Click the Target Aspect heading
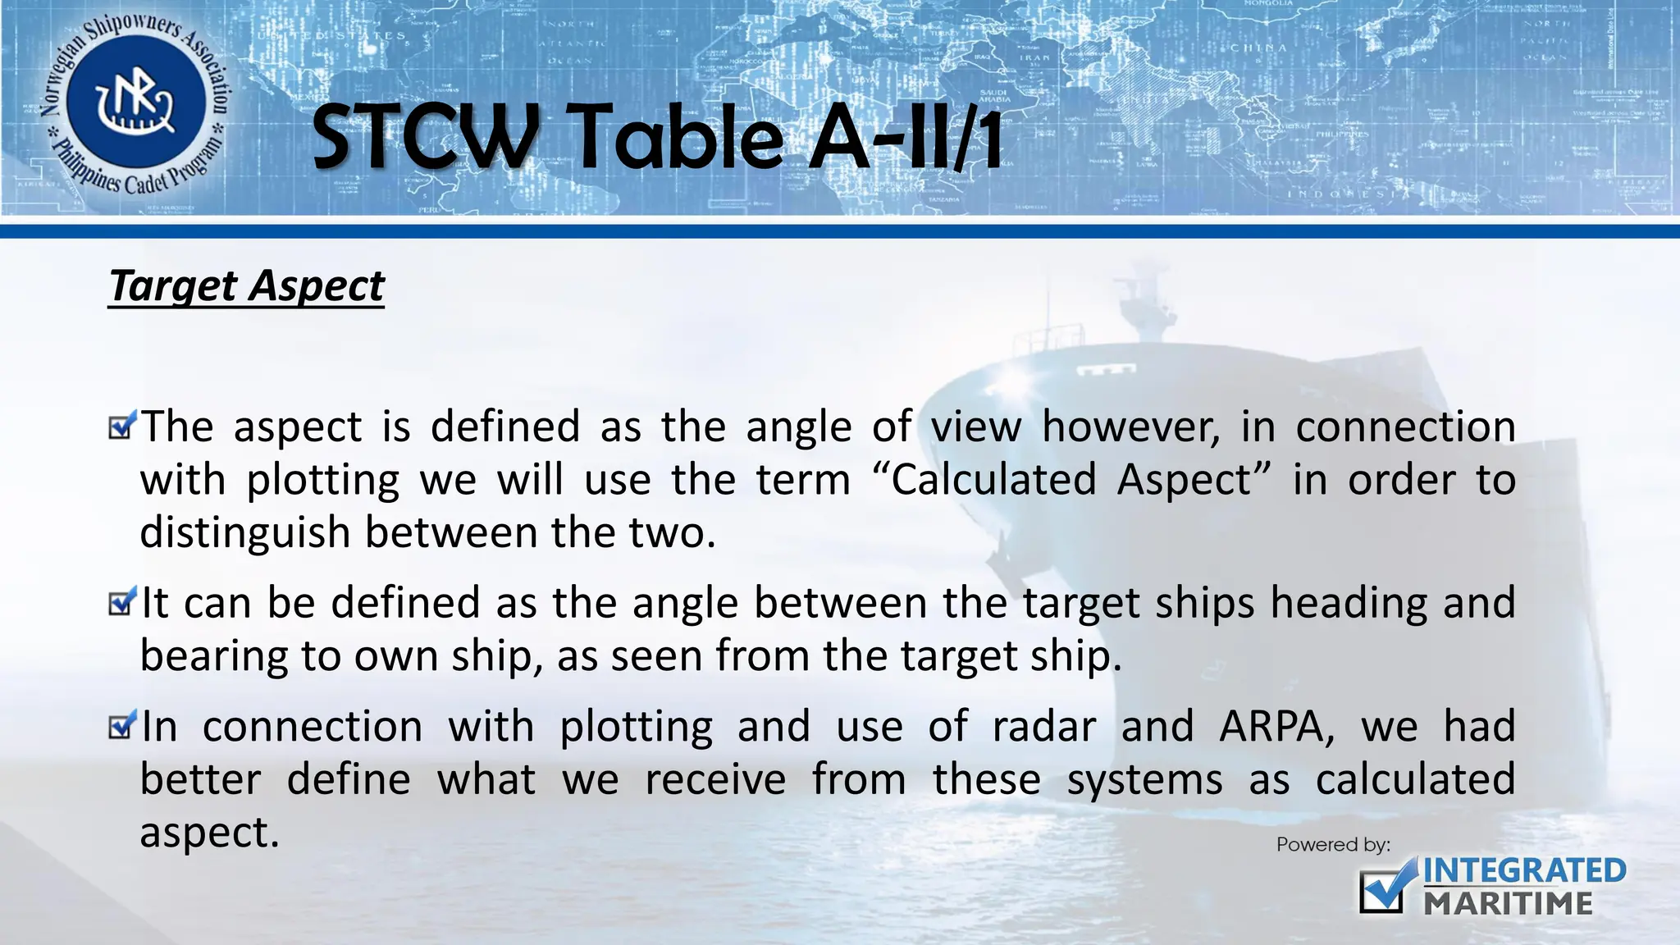(246, 287)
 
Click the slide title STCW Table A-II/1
(656, 138)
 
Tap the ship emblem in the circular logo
(135, 105)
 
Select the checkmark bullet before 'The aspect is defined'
(121, 425)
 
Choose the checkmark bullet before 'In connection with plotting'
(121, 724)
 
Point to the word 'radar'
(1043, 727)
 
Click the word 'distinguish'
(245, 534)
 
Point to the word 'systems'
(1144, 780)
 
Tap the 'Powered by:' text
(1333, 844)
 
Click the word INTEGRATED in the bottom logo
(1524, 870)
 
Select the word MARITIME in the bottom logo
(1508, 903)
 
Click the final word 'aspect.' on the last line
(210, 833)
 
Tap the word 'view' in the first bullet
(976, 427)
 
